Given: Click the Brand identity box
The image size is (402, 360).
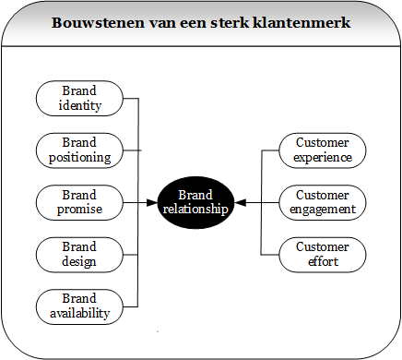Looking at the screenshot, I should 79,98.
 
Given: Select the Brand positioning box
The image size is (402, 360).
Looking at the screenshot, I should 79,150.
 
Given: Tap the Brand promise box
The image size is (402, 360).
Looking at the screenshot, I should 79,202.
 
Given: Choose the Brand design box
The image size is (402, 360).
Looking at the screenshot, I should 79,254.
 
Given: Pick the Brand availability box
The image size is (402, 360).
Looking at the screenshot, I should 79,306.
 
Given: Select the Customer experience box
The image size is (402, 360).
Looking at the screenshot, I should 322,150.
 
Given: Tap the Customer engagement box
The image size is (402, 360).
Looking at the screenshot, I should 322,202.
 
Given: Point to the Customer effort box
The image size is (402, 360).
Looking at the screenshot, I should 322,254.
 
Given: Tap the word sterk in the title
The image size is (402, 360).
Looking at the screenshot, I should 233,22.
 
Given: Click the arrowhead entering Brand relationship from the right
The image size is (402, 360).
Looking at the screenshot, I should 240,202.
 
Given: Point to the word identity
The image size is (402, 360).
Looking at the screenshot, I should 79,105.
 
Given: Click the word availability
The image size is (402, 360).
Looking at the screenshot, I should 79,313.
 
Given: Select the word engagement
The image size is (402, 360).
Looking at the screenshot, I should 322,210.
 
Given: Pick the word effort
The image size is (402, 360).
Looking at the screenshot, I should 322,261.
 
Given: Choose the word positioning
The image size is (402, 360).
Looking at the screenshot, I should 79,157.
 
